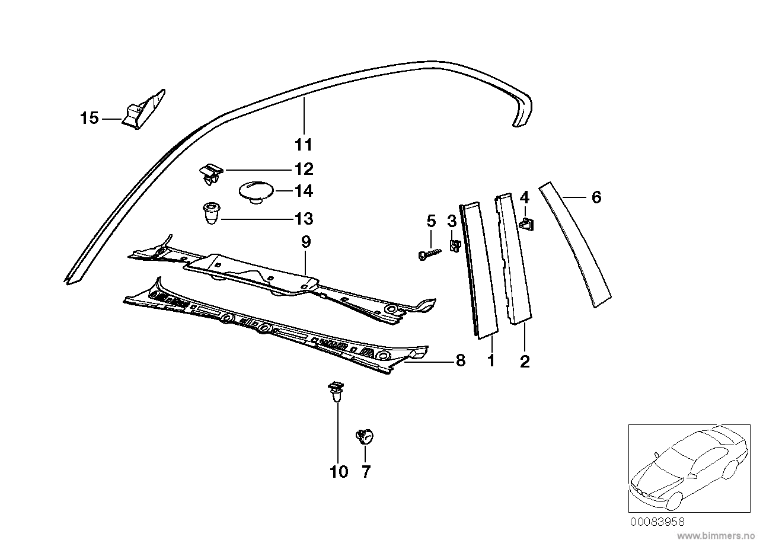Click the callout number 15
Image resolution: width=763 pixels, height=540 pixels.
pyautogui.click(x=89, y=119)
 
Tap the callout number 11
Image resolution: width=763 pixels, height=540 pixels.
pyautogui.click(x=304, y=145)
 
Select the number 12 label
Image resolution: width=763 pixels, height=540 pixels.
pyautogui.click(x=304, y=170)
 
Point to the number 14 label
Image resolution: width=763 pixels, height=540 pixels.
pyautogui.click(x=304, y=191)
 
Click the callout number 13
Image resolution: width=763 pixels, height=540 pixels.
pyautogui.click(x=304, y=219)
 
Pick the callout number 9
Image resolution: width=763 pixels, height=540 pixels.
pyautogui.click(x=305, y=242)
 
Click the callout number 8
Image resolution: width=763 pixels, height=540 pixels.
pyautogui.click(x=461, y=360)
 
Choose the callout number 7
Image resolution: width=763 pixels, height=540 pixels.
pyautogui.click(x=365, y=472)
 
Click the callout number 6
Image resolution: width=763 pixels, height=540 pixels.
pyautogui.click(x=596, y=197)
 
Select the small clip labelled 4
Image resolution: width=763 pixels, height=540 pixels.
pyautogui.click(x=525, y=223)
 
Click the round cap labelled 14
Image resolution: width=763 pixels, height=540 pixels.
pyautogui.click(x=256, y=192)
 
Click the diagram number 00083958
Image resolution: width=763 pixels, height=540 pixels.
pyautogui.click(x=657, y=522)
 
